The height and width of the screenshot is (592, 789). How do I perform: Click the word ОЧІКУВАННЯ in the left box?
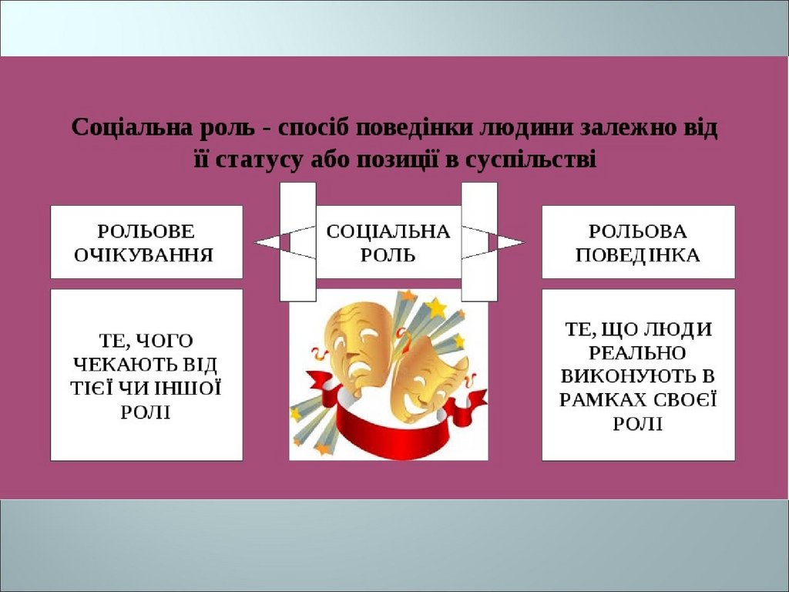pyautogui.click(x=146, y=255)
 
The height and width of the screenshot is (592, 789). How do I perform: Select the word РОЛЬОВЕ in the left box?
pyautogui.click(x=146, y=231)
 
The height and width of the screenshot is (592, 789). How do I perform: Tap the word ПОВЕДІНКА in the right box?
pyautogui.click(x=638, y=255)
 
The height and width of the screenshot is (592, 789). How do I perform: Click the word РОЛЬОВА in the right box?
pyautogui.click(x=638, y=231)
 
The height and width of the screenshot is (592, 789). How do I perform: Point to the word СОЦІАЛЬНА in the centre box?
pyautogui.click(x=388, y=231)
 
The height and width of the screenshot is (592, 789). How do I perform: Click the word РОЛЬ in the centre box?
pyautogui.click(x=388, y=255)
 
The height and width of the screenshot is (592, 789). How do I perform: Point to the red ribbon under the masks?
pyautogui.click(x=385, y=436)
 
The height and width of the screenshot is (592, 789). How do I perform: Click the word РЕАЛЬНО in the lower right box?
pyautogui.click(x=638, y=353)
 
